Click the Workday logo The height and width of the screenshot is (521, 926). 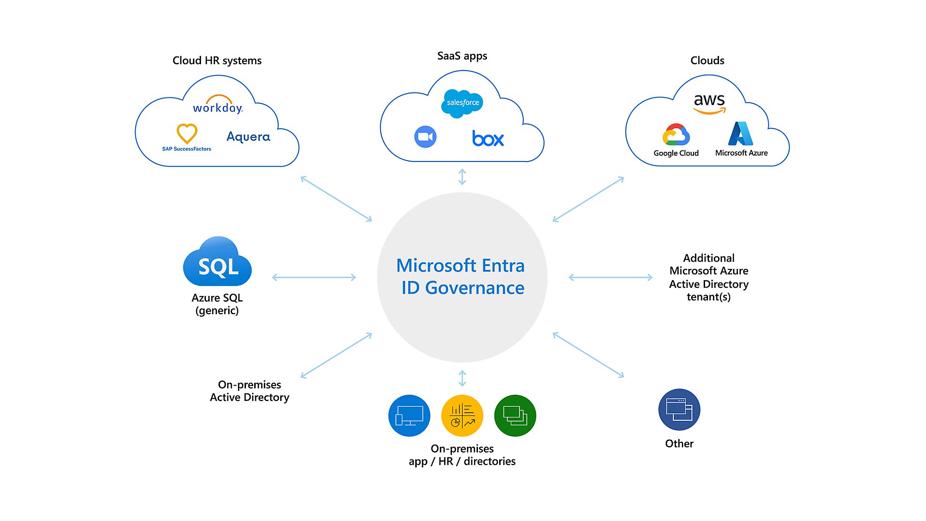pyautogui.click(x=218, y=105)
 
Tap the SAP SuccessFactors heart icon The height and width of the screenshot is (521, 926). pyautogui.click(x=187, y=134)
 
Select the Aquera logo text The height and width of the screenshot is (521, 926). pyautogui.click(x=248, y=137)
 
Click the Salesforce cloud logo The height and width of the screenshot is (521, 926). pyautogui.click(x=462, y=103)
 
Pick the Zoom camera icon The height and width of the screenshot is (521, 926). pyautogui.click(x=425, y=137)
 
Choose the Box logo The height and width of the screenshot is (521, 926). pyautogui.click(x=488, y=139)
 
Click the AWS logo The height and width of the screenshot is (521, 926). pyautogui.click(x=709, y=103)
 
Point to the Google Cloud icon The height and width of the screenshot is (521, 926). pyautogui.click(x=676, y=135)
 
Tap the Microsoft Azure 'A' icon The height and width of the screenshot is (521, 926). pyautogui.click(x=741, y=134)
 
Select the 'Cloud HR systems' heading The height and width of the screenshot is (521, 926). pyautogui.click(x=217, y=61)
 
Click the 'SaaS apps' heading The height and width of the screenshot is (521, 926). pyautogui.click(x=462, y=56)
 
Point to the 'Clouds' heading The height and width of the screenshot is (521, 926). pyautogui.click(x=707, y=61)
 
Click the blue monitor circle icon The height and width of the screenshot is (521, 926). pyautogui.click(x=409, y=415)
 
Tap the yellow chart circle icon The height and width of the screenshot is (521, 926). pyautogui.click(x=462, y=415)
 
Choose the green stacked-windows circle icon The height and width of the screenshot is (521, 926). pyautogui.click(x=515, y=415)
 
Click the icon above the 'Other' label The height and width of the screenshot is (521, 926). pyautogui.click(x=679, y=410)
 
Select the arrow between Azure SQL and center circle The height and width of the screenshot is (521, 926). pyautogui.click(x=314, y=277)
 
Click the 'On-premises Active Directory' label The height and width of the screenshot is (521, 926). pyautogui.click(x=249, y=391)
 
